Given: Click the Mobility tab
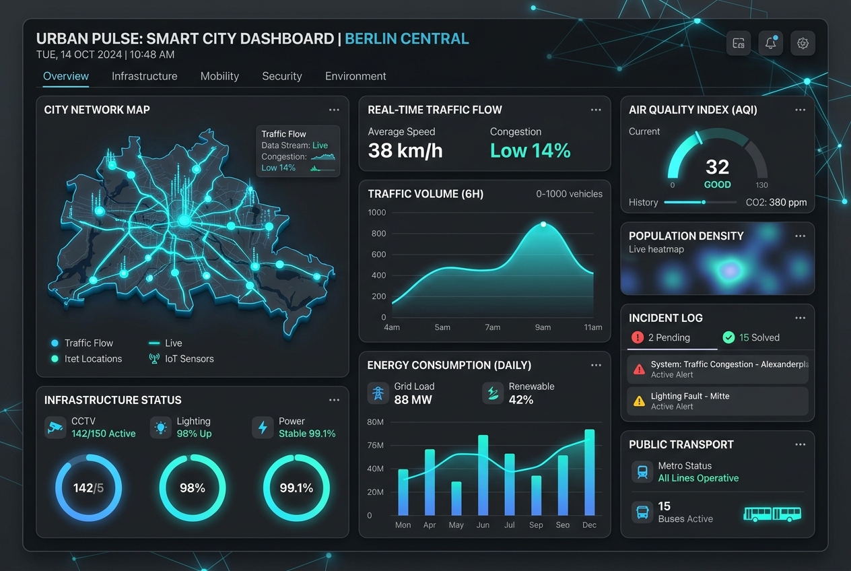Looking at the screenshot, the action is (219, 76).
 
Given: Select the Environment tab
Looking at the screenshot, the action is (355, 76).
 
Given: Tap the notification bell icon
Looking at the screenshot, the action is (770, 43).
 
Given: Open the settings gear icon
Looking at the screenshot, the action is (803, 43).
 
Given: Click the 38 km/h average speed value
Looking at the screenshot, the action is (405, 150).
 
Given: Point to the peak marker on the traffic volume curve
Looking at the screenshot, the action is (543, 224).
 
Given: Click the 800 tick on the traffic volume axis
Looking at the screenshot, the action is (378, 233).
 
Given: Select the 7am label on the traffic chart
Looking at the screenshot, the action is (492, 327).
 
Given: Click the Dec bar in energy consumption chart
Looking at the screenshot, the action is (590, 472).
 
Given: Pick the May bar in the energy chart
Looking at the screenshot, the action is (456, 498).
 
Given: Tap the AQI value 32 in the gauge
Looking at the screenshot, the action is (717, 167).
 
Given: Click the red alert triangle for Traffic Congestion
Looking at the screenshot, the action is (639, 369).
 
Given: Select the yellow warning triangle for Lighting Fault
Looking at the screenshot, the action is (639, 401).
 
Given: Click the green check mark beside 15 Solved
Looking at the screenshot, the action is (728, 337).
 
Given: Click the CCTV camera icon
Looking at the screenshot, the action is (55, 428).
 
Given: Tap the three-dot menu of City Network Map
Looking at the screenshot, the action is (334, 110).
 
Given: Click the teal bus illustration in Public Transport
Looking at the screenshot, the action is (772, 514).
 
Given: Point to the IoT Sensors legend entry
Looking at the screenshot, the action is (181, 359).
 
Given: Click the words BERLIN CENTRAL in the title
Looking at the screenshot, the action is (407, 39).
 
